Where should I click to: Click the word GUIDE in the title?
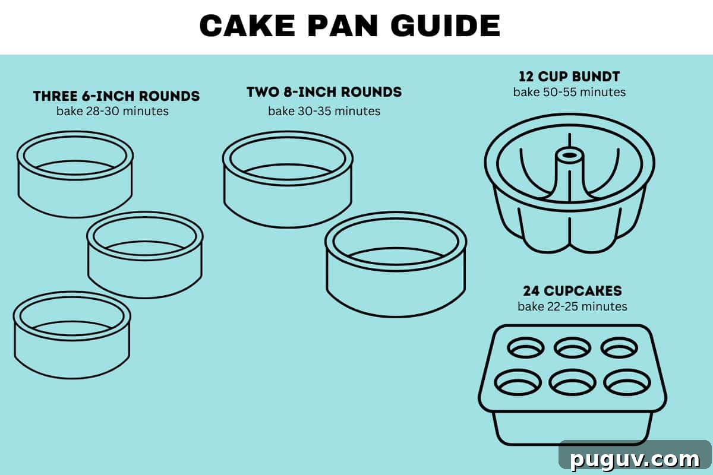pos(445,26)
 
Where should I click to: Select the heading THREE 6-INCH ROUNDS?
pos(116,96)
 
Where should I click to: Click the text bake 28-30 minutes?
pos(112,112)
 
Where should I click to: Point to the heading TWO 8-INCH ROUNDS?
pos(324,92)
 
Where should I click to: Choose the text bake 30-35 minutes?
pos(324,112)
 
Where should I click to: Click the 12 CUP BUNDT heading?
pos(569,77)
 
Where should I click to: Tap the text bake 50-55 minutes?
pos(569,92)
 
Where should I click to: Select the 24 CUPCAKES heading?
pos(572,291)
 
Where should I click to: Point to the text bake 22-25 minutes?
pos(572,307)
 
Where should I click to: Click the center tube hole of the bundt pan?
pos(569,155)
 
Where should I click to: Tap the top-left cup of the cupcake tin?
pos(526,348)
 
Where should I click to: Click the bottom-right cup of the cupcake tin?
pos(627,383)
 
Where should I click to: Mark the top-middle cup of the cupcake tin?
pos(573,348)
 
